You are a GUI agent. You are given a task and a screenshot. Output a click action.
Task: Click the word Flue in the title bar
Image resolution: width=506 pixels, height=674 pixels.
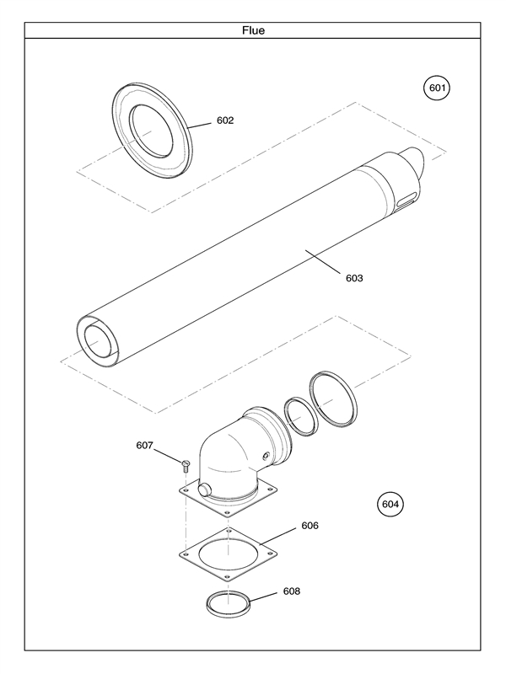point(253,30)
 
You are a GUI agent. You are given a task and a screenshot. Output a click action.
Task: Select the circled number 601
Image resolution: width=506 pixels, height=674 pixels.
point(436,88)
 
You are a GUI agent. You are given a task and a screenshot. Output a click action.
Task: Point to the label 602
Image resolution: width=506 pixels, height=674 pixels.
point(225,120)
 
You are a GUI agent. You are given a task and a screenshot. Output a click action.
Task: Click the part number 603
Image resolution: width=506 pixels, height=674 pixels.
point(354,278)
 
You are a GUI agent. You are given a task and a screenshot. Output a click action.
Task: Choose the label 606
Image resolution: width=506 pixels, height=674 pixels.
point(310,525)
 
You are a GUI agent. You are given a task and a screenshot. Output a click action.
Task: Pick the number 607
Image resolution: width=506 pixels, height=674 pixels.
point(145,446)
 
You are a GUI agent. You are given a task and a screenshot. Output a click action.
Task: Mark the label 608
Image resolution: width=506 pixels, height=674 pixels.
point(291,591)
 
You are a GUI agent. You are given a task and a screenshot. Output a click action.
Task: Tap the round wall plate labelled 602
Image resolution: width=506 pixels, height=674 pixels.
point(152,131)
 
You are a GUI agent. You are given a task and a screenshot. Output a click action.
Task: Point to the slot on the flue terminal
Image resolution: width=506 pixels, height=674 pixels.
point(406,201)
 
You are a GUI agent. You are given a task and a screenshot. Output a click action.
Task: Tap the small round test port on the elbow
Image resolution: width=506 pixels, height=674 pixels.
point(266,456)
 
